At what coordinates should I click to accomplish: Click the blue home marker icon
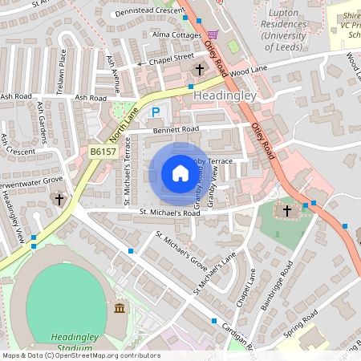point(180,173)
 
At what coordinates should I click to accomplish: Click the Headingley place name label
point(225,95)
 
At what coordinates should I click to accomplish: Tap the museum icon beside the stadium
point(120,309)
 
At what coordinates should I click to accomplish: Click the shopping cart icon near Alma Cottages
point(213,34)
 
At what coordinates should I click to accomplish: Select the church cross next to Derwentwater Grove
point(59,197)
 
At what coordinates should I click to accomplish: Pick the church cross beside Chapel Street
point(199,70)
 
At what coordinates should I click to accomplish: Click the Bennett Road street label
point(176,128)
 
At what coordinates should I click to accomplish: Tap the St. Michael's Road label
point(169,213)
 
